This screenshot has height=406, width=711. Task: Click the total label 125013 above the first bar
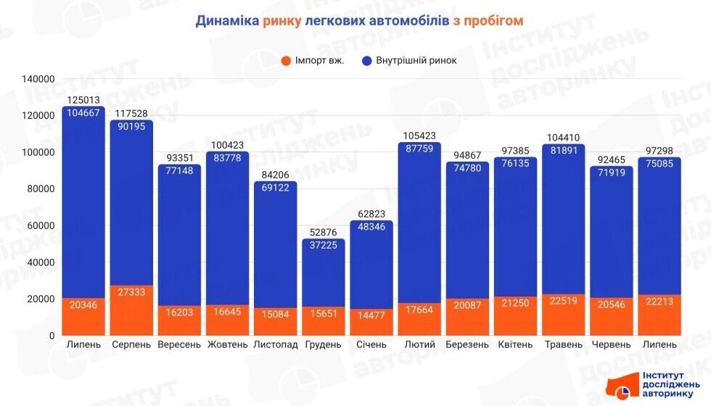point(83,100)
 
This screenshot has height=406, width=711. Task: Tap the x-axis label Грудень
point(323,344)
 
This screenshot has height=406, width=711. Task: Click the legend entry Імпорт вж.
point(313,60)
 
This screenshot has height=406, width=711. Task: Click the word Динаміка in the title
point(226,21)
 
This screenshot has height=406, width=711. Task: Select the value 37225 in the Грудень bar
point(323,246)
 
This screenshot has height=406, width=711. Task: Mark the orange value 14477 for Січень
point(371,315)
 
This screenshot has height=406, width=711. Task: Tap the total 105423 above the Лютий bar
point(419,135)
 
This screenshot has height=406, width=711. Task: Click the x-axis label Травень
point(563,344)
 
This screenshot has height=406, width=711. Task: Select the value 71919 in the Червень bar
point(611,174)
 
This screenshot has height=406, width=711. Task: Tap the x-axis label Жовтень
point(227,344)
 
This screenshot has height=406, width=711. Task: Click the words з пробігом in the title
point(488,21)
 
